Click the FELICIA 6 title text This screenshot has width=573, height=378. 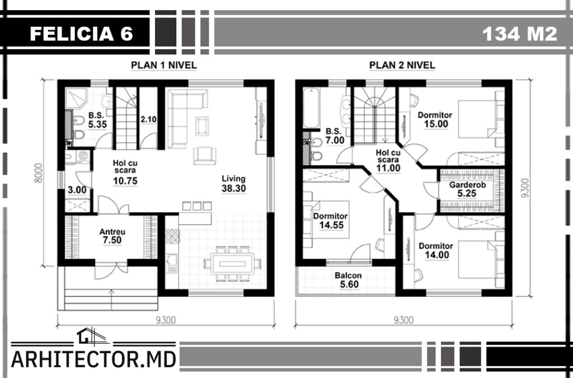coord(81,34)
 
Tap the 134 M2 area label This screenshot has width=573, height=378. coord(519,34)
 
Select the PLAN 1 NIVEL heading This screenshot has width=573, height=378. coord(164,66)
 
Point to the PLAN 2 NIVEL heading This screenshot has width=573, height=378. coord(402,66)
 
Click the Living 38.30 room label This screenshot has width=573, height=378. coord(233,184)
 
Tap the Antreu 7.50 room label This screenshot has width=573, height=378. coord(112,236)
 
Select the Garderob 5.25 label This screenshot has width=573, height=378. coord(467,189)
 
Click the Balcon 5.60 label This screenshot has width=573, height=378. coord(348,280)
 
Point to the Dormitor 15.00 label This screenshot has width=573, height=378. coord(435,119)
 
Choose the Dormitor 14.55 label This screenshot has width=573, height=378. coord(330,221)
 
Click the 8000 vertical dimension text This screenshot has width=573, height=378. coord(39,172)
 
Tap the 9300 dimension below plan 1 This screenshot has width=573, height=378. coord(166,320)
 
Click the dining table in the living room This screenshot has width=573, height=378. coord(232,263)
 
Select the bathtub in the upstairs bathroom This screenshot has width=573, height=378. coord(311,108)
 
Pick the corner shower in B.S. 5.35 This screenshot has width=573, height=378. coord(76,98)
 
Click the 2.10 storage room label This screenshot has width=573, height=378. coord(148,119)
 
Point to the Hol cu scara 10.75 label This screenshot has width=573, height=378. coord(125,172)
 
